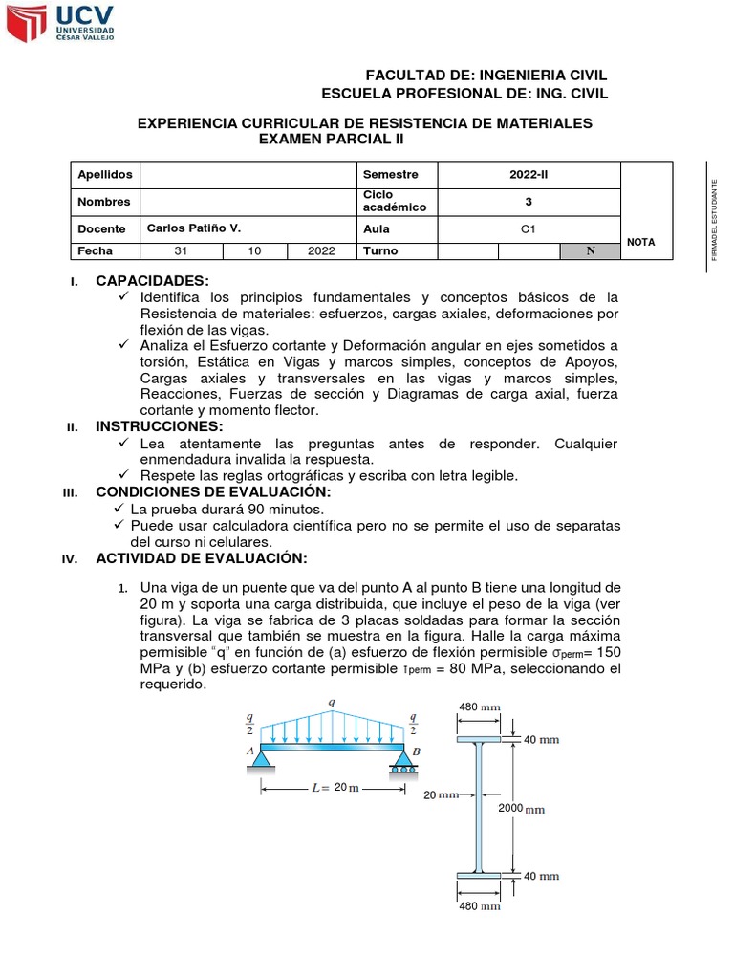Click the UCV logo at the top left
(61, 24)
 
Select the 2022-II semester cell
(529, 174)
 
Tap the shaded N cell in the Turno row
(590, 250)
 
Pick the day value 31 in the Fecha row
(181, 250)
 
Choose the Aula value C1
(529, 228)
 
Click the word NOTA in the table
(640, 242)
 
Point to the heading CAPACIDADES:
(152, 280)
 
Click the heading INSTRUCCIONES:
(160, 425)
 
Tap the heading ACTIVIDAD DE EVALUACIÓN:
(201, 557)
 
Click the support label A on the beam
(251, 751)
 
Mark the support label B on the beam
(416, 751)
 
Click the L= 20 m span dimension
(334, 788)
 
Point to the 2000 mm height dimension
(522, 808)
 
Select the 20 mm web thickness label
(442, 794)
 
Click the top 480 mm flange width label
(481, 707)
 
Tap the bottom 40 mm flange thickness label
(542, 876)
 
